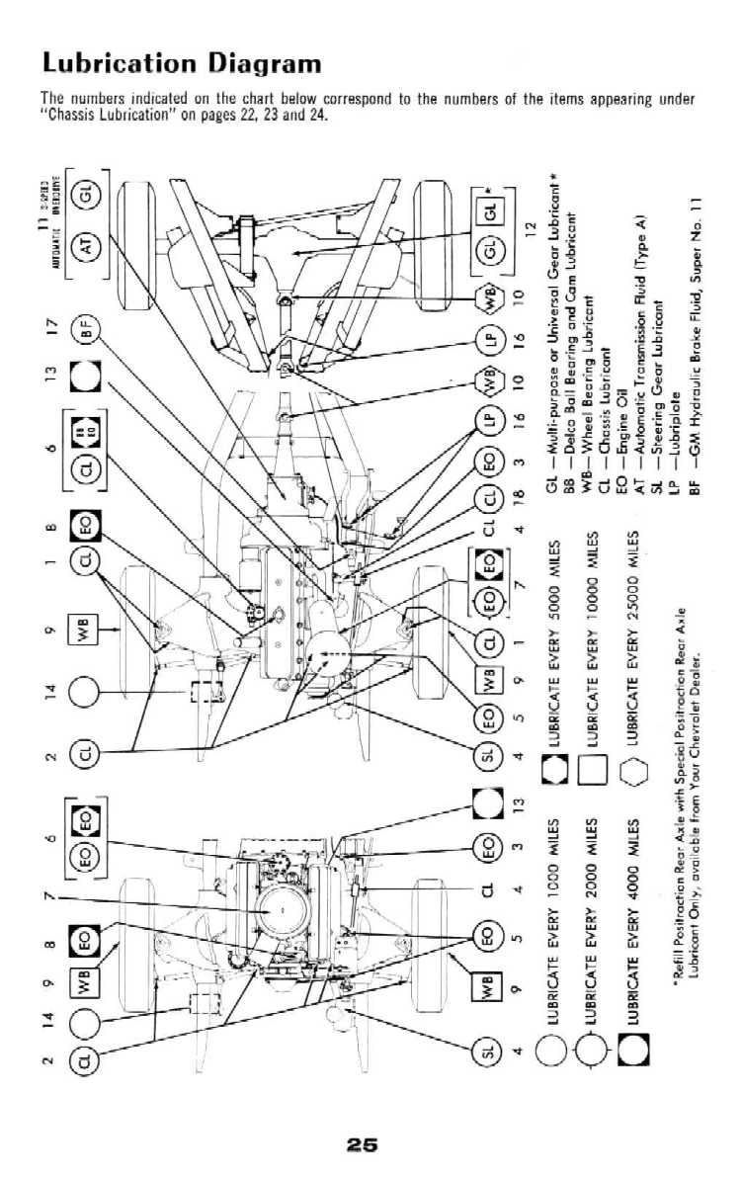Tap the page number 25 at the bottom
click(x=362, y=1145)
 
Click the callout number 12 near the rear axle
click(x=530, y=228)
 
